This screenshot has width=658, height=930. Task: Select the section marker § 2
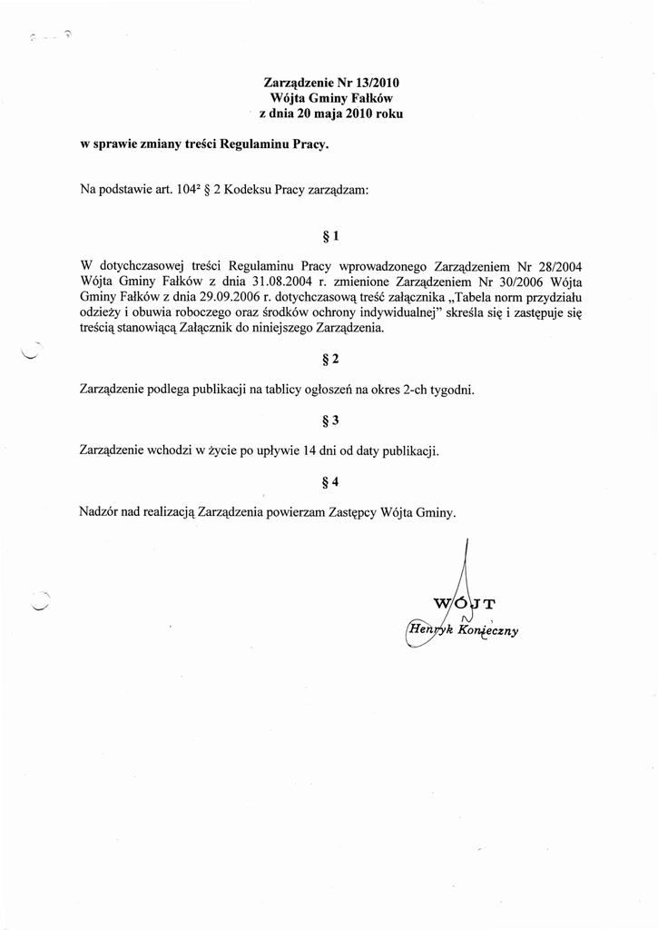tap(330, 359)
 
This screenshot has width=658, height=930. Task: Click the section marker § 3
tap(330, 420)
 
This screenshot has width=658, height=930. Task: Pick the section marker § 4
tap(330, 481)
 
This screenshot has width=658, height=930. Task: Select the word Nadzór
tap(102, 512)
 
